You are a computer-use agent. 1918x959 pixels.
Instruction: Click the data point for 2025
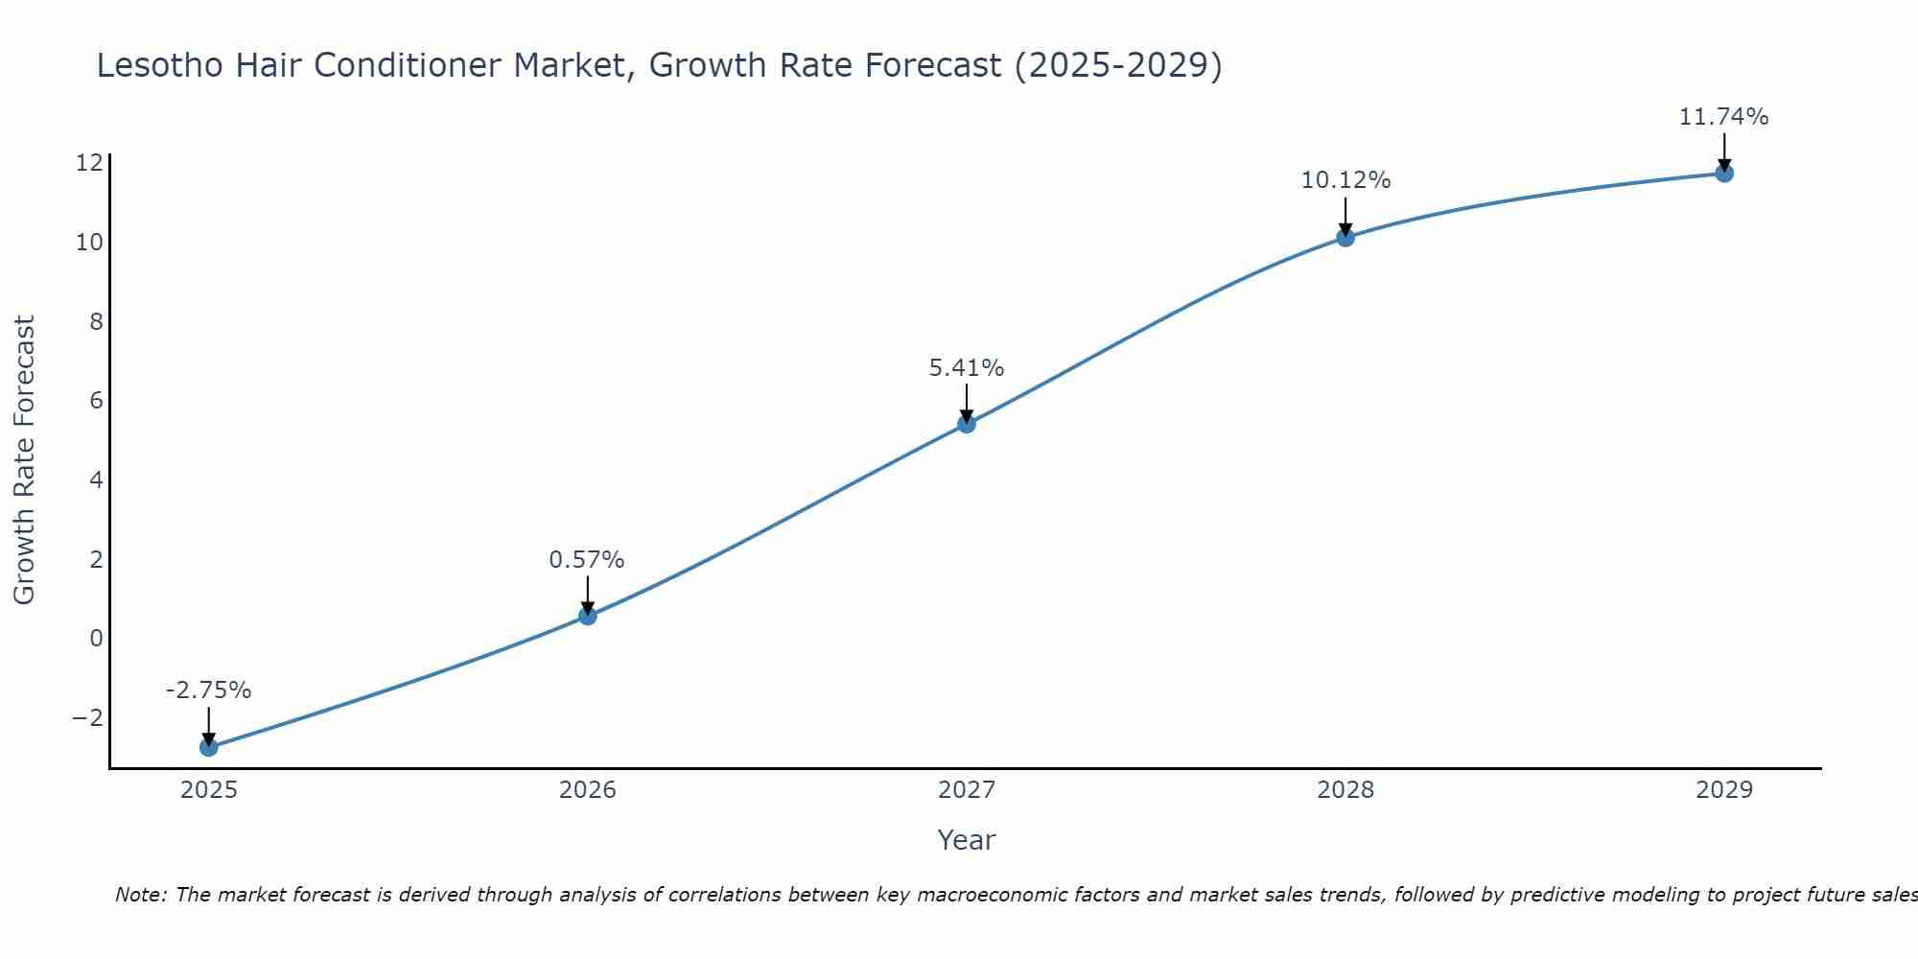209,747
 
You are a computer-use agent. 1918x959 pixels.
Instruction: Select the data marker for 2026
588,616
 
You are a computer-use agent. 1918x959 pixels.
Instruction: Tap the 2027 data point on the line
967,424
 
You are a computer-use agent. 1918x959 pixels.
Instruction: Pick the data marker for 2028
1345,237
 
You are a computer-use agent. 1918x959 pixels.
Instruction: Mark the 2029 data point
1724,174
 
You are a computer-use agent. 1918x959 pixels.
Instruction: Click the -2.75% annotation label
208,690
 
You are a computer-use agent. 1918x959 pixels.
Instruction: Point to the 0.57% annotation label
587,560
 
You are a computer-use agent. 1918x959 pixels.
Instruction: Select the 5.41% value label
967,368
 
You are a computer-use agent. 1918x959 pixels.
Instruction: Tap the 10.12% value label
1345,180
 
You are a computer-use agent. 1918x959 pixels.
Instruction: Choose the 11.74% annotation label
1723,117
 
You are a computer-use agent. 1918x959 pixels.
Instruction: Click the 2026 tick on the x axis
588,790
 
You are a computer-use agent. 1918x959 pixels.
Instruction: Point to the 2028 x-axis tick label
1345,790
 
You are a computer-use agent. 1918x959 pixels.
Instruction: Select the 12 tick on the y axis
89,162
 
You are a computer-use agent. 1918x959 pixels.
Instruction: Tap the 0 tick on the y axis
96,638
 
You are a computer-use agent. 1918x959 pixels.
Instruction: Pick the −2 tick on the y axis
87,717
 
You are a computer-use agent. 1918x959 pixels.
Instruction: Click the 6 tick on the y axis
96,400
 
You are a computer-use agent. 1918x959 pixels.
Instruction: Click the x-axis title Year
967,840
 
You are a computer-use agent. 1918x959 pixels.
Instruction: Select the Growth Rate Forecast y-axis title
24,460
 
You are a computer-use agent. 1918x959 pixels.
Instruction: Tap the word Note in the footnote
141,895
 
